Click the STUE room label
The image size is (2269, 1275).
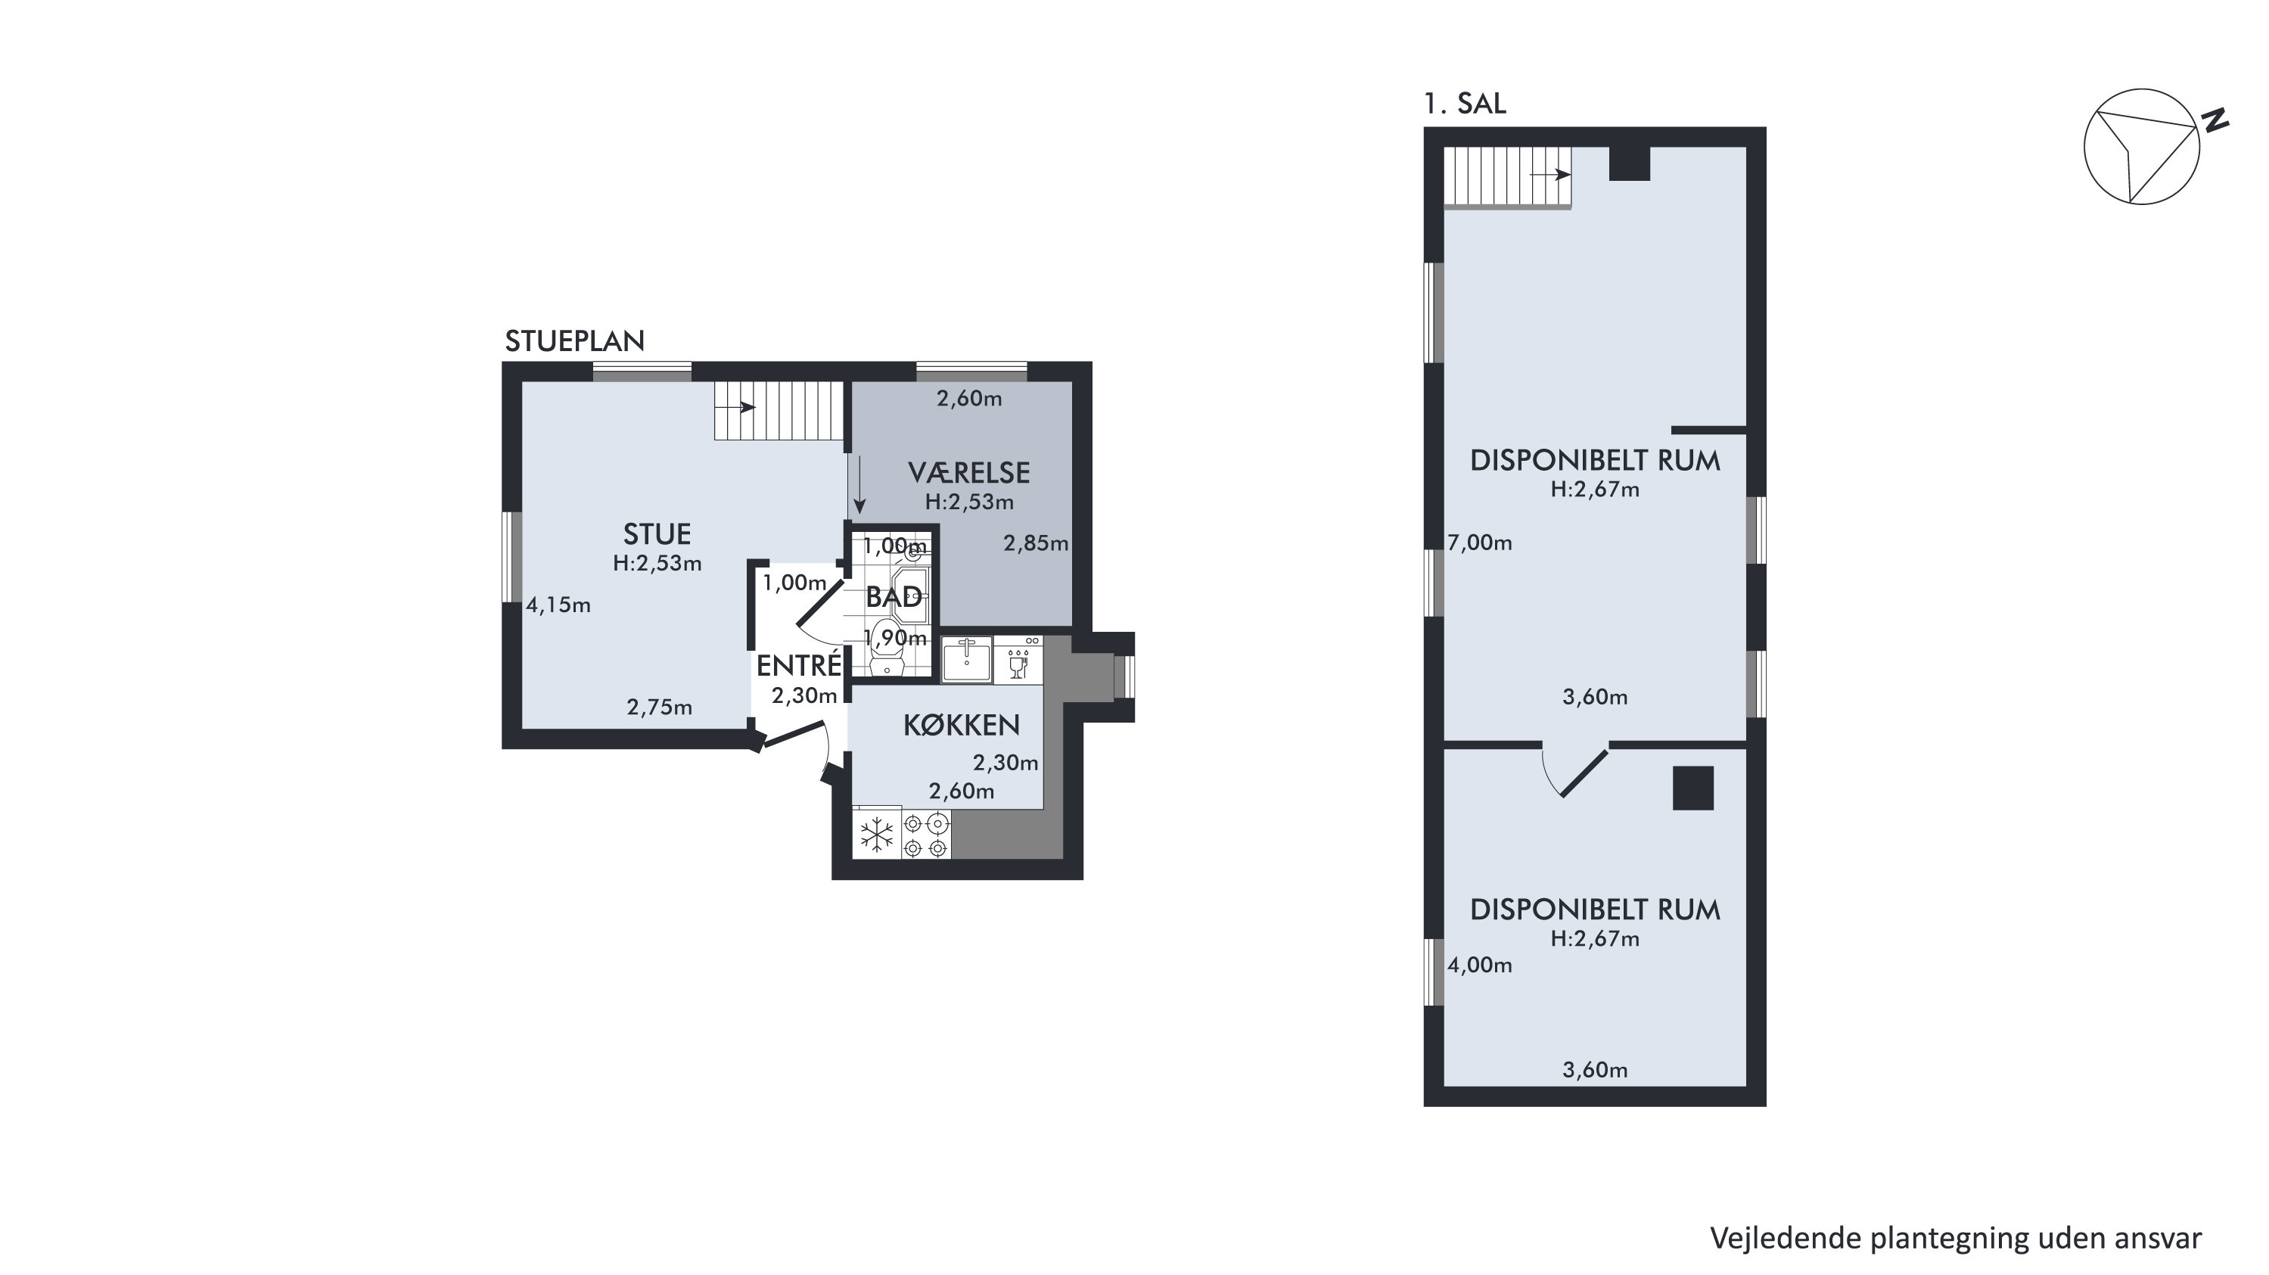(657, 534)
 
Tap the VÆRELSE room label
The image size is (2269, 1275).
(969, 472)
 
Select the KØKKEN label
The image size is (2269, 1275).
(961, 725)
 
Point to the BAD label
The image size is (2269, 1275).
(894, 598)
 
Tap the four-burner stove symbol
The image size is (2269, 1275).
(926, 835)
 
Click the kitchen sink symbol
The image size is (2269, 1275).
(966, 660)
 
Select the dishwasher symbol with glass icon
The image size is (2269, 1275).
(1018, 660)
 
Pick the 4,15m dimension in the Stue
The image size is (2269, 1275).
(558, 605)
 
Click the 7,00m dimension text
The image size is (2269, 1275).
(1480, 543)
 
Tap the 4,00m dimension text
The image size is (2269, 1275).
(1480, 965)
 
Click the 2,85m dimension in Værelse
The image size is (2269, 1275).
(1036, 543)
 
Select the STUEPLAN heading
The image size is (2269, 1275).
(574, 341)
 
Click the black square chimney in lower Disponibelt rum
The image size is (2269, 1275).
(1694, 788)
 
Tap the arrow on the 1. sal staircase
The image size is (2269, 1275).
(1551, 175)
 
